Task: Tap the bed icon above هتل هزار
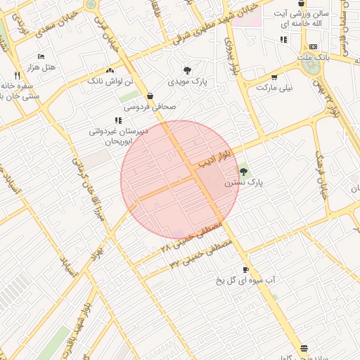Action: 41,56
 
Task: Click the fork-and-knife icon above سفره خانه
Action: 17,75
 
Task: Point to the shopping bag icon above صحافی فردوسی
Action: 150,96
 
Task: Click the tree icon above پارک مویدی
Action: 187,70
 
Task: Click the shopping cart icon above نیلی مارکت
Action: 274,77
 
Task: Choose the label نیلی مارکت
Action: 274,88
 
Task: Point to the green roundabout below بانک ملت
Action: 310,66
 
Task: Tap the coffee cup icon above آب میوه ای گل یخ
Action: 245,270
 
